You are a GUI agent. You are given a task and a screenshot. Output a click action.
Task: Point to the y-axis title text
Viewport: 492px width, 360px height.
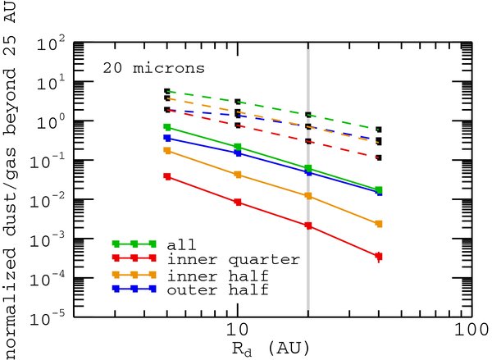(10, 180)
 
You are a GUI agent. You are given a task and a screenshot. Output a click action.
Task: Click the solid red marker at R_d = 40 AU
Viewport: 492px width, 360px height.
(377, 257)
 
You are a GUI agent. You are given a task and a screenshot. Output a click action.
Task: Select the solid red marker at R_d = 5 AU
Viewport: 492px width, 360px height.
(168, 176)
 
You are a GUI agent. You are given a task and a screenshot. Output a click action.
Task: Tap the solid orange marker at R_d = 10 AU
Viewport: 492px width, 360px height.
(237, 175)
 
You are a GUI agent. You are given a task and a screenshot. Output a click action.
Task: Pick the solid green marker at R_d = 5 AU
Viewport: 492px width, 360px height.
(168, 127)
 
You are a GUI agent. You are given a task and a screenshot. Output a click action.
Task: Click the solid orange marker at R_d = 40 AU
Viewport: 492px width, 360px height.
(377, 223)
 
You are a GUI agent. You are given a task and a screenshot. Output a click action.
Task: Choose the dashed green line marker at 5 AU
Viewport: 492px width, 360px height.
(168, 92)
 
